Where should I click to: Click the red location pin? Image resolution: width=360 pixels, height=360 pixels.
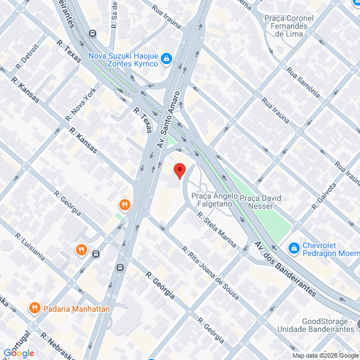click(179, 170)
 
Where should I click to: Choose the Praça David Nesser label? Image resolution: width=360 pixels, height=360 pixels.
click(260, 202)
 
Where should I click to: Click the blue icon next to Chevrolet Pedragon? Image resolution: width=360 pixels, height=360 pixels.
click(294, 247)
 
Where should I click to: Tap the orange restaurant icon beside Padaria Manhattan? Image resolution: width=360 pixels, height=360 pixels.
click(35, 308)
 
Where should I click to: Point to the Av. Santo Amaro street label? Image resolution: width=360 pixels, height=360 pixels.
click(170, 119)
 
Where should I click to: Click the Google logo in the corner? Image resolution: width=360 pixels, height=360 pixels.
click(19, 353)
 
